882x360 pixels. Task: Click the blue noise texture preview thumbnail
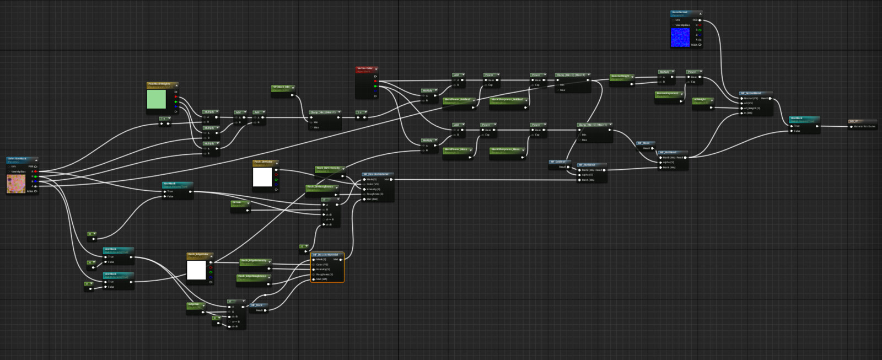(x=680, y=37)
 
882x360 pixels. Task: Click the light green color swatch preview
(x=157, y=100)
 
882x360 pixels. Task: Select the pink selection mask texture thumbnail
(x=16, y=184)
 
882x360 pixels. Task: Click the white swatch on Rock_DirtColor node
(x=262, y=178)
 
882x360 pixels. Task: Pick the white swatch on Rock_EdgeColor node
(x=196, y=270)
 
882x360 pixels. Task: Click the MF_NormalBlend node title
(x=754, y=93)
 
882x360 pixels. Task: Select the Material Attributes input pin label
(x=864, y=127)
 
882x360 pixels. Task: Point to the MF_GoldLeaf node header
(x=559, y=162)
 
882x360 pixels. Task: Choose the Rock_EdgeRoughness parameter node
(x=253, y=276)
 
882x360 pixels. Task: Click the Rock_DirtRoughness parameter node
(x=320, y=187)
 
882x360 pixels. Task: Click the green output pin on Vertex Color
(x=375, y=86)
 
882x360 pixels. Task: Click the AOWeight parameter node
(x=702, y=100)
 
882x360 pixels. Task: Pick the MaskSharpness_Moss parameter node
(x=507, y=149)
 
